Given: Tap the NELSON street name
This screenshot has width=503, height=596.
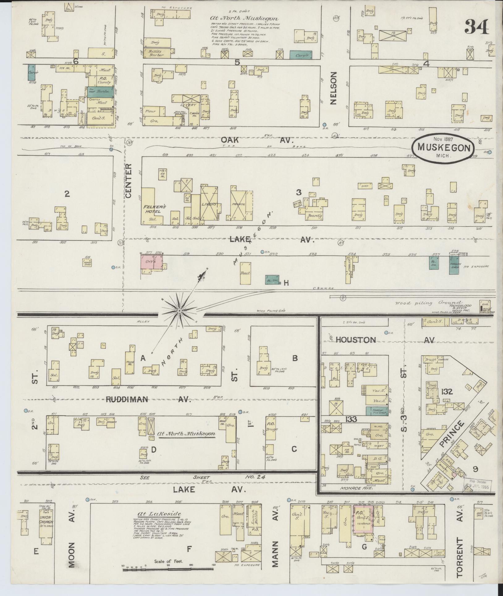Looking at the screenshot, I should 333,88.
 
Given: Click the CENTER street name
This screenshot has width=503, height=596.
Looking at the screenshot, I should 129,181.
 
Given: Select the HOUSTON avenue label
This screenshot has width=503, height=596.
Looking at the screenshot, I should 356,340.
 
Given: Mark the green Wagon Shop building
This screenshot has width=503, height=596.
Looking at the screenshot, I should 454,264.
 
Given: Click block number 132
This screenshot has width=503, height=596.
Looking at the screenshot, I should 447,392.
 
